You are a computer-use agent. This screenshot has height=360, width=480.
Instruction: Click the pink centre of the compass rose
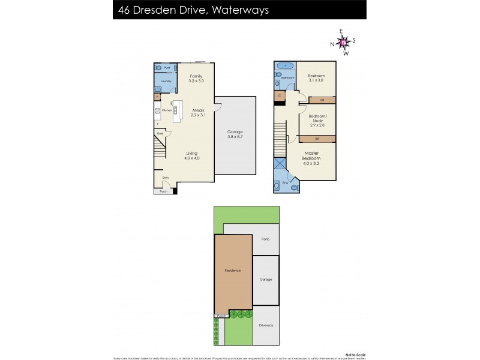pos(343,42)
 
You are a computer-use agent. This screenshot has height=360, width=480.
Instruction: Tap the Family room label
pos(196,76)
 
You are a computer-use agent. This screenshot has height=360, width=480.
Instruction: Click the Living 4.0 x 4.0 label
pos(191,155)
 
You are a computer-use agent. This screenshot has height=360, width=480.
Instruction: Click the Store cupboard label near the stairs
pos(160,133)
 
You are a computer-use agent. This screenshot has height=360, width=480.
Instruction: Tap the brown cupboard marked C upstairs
pos(280,95)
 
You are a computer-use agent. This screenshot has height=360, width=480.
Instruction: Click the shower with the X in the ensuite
pos(280,164)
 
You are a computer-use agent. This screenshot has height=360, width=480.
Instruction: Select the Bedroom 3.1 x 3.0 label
pos(317,78)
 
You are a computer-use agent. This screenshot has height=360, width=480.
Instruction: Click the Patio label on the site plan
pos(265,239)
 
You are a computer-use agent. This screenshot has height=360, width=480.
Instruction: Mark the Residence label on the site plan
pos(233,271)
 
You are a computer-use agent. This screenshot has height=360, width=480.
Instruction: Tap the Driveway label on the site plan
pos(266,325)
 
